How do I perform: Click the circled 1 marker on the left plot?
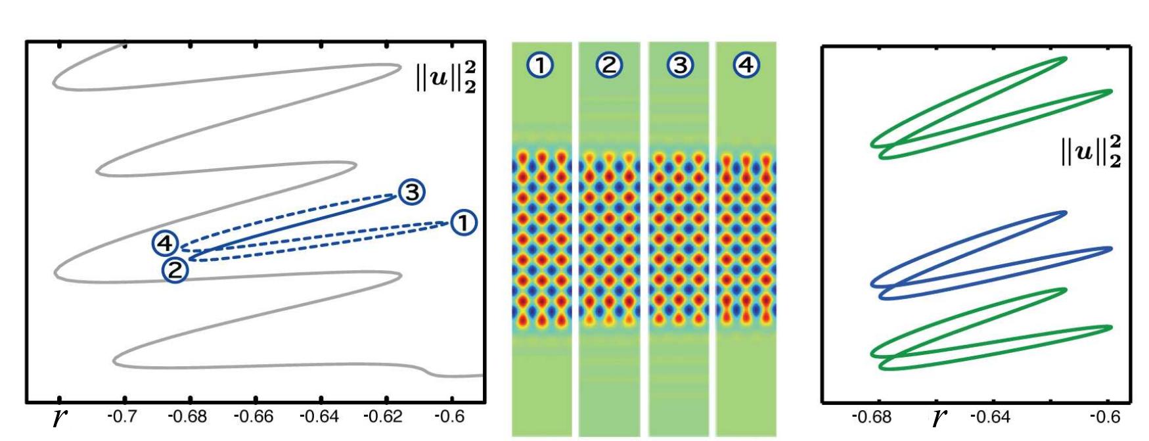464,223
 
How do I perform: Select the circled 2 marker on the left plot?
175,269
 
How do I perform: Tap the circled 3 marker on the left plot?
411,193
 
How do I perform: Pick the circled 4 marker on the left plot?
165,244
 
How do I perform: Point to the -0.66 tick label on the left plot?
255,417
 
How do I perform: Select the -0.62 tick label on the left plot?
385,417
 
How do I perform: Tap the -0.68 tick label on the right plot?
871,417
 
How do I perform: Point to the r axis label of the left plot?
60,417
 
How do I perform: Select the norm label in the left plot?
445,78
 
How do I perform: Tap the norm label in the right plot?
1091,152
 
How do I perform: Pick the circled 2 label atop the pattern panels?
610,65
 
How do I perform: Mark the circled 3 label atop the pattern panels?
679,65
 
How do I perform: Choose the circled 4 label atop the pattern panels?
746,65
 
